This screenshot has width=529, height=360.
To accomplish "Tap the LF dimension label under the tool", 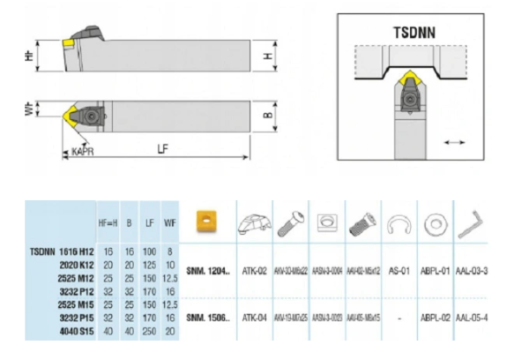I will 163,149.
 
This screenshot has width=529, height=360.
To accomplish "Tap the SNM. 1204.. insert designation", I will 208,275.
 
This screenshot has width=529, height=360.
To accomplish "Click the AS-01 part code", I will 399,275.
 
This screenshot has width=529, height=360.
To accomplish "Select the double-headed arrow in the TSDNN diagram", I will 456,141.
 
